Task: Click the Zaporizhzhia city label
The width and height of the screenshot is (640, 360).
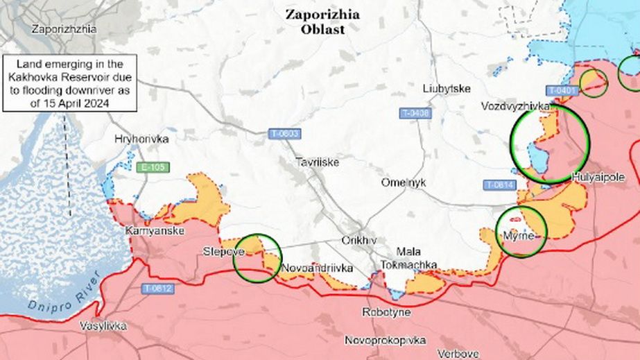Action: pyautogui.click(x=64, y=29)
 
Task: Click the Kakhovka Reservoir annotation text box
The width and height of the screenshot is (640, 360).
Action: pyautogui.click(x=69, y=83)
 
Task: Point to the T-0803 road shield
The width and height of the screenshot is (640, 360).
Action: pyautogui.click(x=285, y=133)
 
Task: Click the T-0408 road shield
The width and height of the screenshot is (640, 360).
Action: pyautogui.click(x=415, y=112)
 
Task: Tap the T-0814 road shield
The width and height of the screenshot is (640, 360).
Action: pyautogui.click(x=499, y=185)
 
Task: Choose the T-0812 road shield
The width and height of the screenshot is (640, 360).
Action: pyautogui.click(x=159, y=288)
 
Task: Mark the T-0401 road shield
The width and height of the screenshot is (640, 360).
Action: pyautogui.click(x=561, y=90)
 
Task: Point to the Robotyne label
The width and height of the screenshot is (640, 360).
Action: pyautogui.click(x=386, y=313)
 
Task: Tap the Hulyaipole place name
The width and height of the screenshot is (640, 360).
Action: pyautogui.click(x=599, y=178)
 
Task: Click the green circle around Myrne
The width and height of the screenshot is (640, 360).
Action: pyautogui.click(x=522, y=232)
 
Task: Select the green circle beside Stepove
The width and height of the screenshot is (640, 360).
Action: pyautogui.click(x=257, y=257)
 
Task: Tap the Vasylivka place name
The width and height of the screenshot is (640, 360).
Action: pyautogui.click(x=103, y=325)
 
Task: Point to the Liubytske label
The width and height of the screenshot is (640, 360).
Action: pyautogui.click(x=447, y=88)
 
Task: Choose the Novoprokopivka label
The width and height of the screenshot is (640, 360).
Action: pyautogui.click(x=385, y=340)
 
